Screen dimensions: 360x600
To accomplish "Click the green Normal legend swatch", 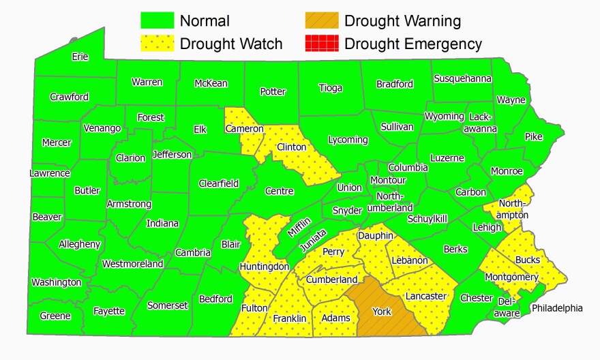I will point(158,20).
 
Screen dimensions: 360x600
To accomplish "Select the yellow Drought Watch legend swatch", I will point(158,44).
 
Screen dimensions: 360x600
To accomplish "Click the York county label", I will point(382,312).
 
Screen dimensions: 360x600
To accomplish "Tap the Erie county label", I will point(80,57).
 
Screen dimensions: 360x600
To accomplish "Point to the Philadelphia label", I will point(557,308).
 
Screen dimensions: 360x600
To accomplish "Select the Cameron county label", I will point(245,128).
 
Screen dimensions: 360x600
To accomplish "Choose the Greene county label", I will point(55,316).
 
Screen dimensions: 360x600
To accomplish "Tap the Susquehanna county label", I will point(462,78).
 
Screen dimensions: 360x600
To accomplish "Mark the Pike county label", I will point(533,136).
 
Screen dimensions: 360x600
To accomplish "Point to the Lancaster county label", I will point(425,296).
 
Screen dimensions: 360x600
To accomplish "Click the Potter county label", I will point(273,91).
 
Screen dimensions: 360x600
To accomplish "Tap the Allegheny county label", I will point(80,244).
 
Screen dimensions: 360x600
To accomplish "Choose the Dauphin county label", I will point(375,235).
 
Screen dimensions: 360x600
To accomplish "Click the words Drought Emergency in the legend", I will point(413,44).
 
